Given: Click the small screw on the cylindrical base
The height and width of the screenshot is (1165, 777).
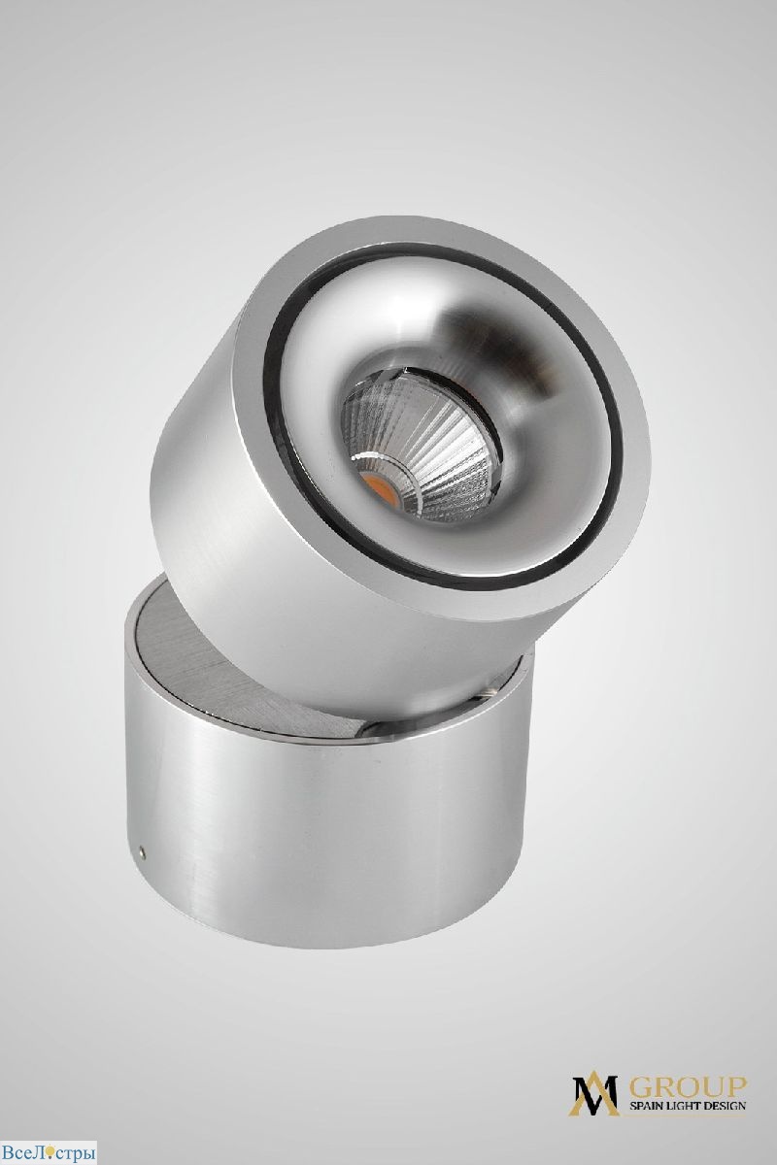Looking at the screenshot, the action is [142, 851].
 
